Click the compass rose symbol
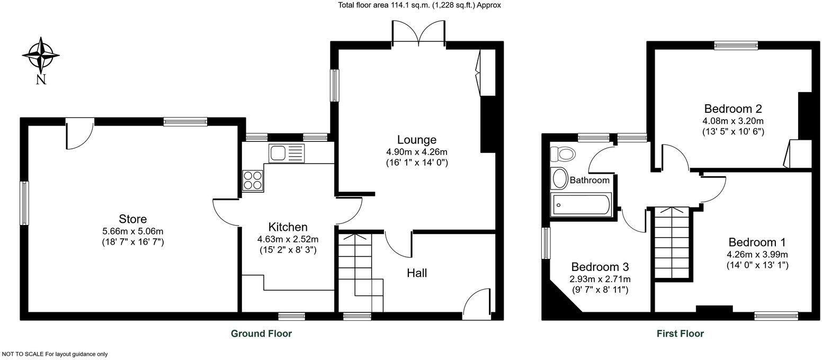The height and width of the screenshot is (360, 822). click(41, 55)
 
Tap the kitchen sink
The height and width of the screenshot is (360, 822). click(286, 154)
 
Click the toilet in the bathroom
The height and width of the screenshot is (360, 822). click(563, 155)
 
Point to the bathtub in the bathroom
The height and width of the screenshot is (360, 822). click(581, 204)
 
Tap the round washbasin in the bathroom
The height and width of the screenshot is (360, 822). click(558, 178)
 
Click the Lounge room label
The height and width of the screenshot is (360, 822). click(417, 140)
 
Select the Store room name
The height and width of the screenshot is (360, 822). click(132, 219)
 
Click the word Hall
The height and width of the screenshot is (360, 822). click(417, 273)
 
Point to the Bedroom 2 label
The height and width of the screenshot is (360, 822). click(732, 109)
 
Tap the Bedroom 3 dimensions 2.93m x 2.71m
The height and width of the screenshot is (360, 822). click(600, 279)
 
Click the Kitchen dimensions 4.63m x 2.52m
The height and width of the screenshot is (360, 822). click(288, 239)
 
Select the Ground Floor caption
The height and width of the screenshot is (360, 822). click(261, 334)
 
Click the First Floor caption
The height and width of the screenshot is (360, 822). click(680, 334)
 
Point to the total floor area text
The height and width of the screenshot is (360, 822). click(419, 5)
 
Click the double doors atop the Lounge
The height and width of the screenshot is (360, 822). click(418, 33)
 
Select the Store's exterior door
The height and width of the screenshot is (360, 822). click(79, 132)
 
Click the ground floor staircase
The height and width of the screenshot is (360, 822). click(360, 273)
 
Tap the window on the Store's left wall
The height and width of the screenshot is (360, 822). click(24, 203)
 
